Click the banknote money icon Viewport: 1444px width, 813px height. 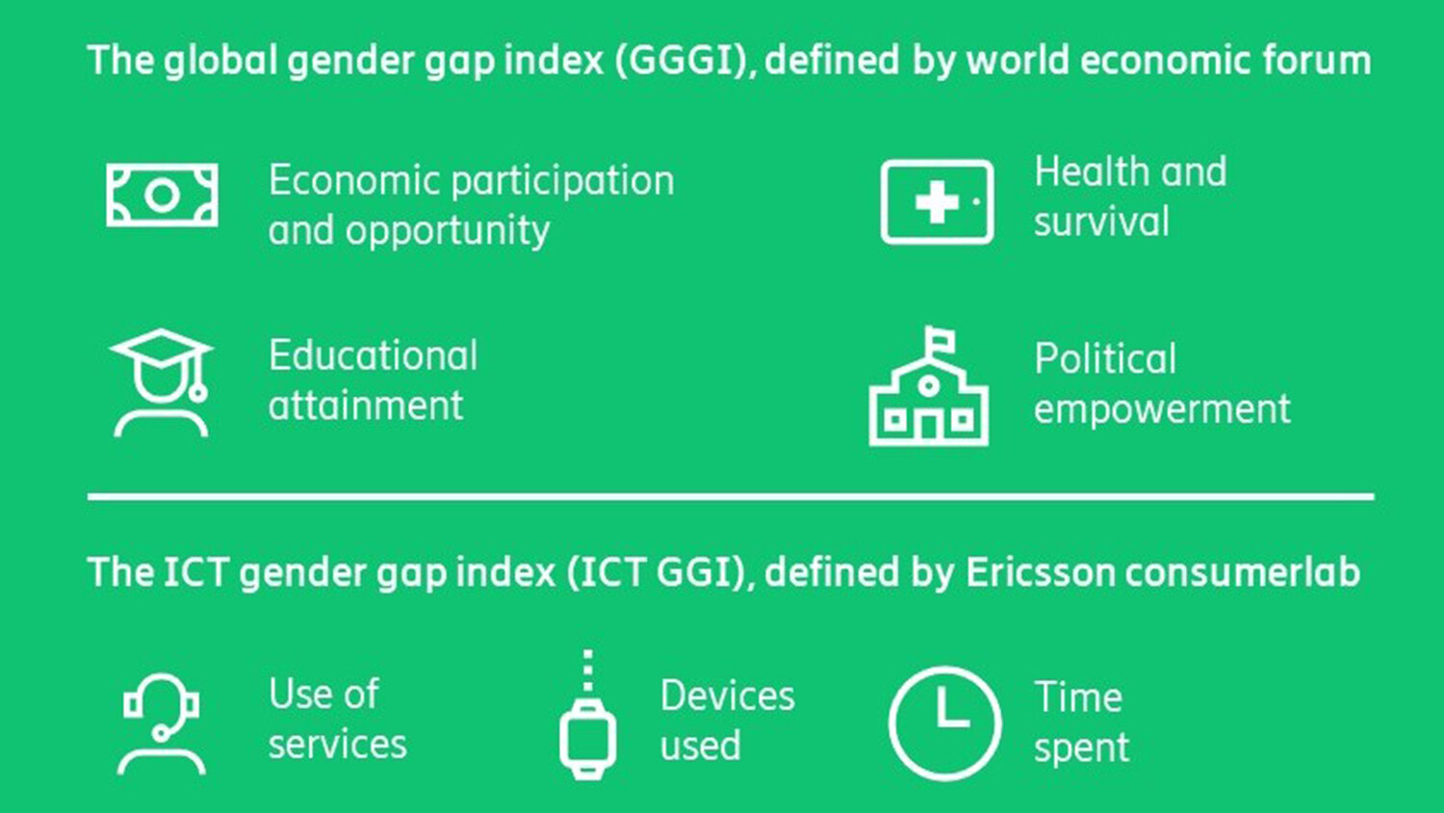(x=162, y=196)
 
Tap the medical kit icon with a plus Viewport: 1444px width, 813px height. (x=937, y=201)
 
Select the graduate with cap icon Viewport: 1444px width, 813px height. (x=161, y=382)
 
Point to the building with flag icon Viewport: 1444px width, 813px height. (x=928, y=387)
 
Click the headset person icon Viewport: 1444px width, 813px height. (x=161, y=723)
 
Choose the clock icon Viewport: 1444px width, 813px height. (x=944, y=722)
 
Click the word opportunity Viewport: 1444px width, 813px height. (x=448, y=231)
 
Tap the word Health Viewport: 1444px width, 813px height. (x=1093, y=171)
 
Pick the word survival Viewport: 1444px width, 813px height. (x=1101, y=222)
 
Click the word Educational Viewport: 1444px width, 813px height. (x=373, y=355)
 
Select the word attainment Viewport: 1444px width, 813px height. (x=366, y=406)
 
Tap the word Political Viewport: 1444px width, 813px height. (x=1105, y=359)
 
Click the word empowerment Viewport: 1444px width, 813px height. (x=1162, y=409)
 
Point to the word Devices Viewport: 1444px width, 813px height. (x=727, y=695)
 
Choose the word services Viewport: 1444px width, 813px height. (x=337, y=745)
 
